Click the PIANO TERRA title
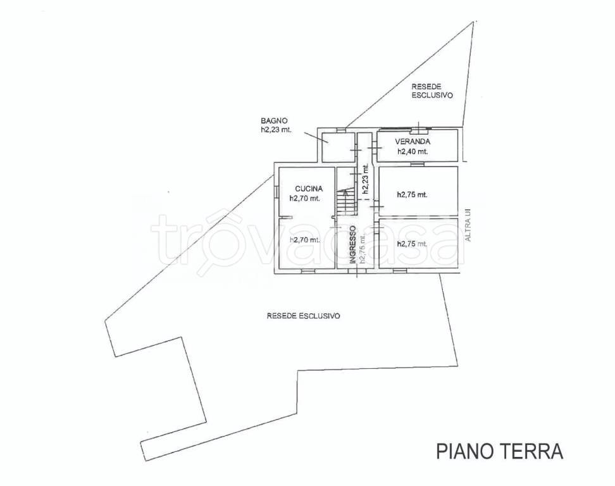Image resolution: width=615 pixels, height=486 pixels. [500, 451]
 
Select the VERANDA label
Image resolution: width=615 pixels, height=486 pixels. [413, 142]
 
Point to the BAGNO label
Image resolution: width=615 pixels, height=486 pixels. [275, 121]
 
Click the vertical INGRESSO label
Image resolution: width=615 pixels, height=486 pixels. [352, 244]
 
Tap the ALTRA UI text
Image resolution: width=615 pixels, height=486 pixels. [467, 225]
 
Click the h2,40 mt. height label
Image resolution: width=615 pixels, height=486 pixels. [413, 151]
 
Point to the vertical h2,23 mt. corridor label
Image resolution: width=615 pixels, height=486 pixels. [366, 179]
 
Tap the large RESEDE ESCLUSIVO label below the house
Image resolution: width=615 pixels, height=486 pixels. [303, 316]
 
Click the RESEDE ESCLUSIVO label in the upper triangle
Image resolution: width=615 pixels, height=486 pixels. [432, 90]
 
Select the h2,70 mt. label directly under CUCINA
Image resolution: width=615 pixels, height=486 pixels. [305, 199]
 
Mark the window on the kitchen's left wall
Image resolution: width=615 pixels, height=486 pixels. [276, 192]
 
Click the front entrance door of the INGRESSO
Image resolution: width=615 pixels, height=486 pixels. [357, 270]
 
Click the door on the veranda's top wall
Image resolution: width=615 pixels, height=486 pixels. [419, 128]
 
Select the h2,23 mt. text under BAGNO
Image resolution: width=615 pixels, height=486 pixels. [276, 130]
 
